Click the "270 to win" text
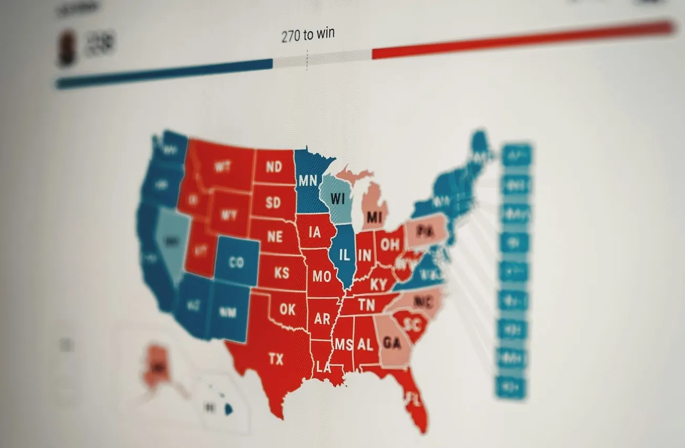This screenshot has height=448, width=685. pos(307,35)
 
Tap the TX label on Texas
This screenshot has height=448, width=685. pos(276,359)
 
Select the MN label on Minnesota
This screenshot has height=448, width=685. pos(307,180)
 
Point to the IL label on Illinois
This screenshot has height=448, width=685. pos(345,255)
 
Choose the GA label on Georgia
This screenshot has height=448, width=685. pos(392,343)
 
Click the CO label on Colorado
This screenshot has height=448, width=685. pos(237,262)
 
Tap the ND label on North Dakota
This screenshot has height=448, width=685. pos(274,167)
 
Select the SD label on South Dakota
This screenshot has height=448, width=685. pos(273,202)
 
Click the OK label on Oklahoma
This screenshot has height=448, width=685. pos(287,309)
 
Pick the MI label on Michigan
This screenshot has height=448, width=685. pos(375,217)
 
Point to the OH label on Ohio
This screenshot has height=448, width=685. pos(390,245)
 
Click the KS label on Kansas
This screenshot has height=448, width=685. pos(282,273)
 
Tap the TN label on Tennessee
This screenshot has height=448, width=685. pos(366,304)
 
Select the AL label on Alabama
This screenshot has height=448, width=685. pos(365,344)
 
